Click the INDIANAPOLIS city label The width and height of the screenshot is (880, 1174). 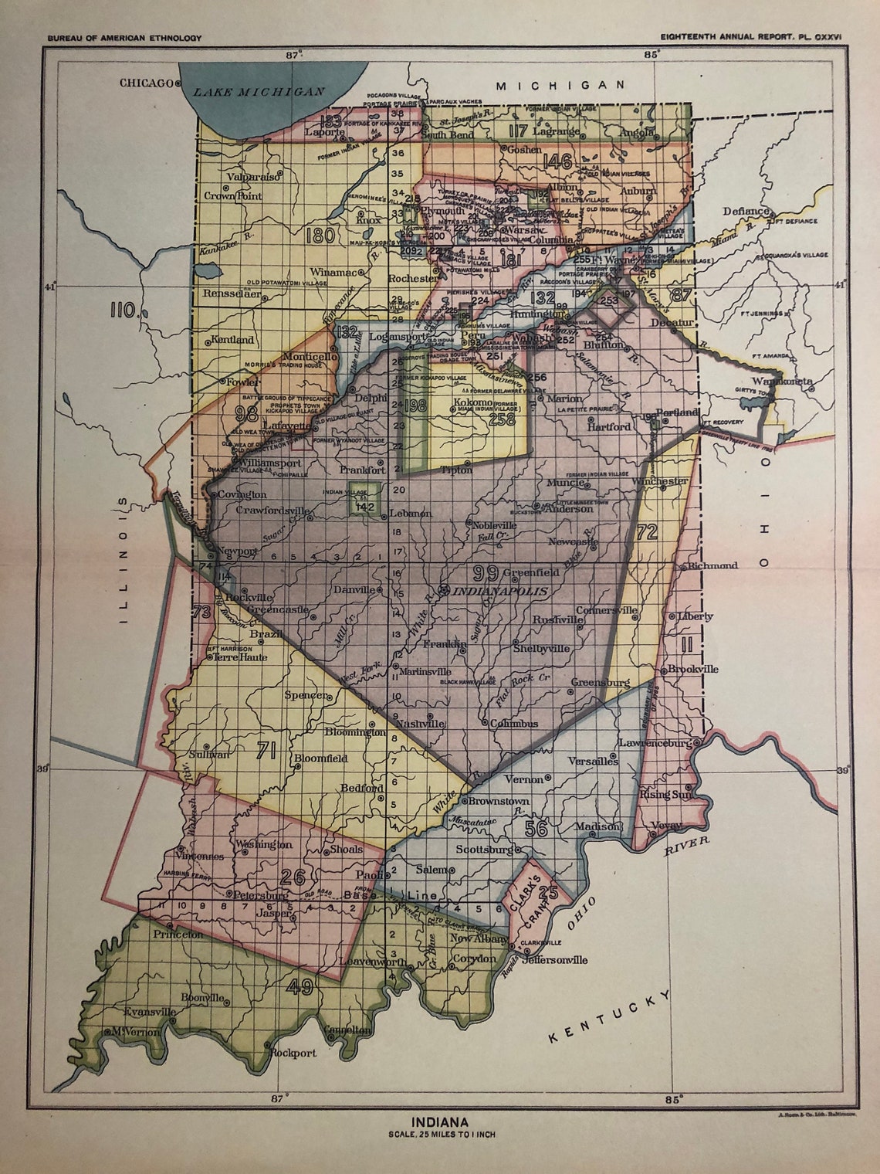point(500,591)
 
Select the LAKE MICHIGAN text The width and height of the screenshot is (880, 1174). point(259,91)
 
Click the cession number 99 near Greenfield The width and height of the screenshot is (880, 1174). point(486,572)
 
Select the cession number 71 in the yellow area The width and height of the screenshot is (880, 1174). point(266,748)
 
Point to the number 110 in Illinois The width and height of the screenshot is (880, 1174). point(124,311)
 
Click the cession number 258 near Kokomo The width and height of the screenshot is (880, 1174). point(502,419)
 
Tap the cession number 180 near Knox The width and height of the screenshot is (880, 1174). point(320,235)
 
